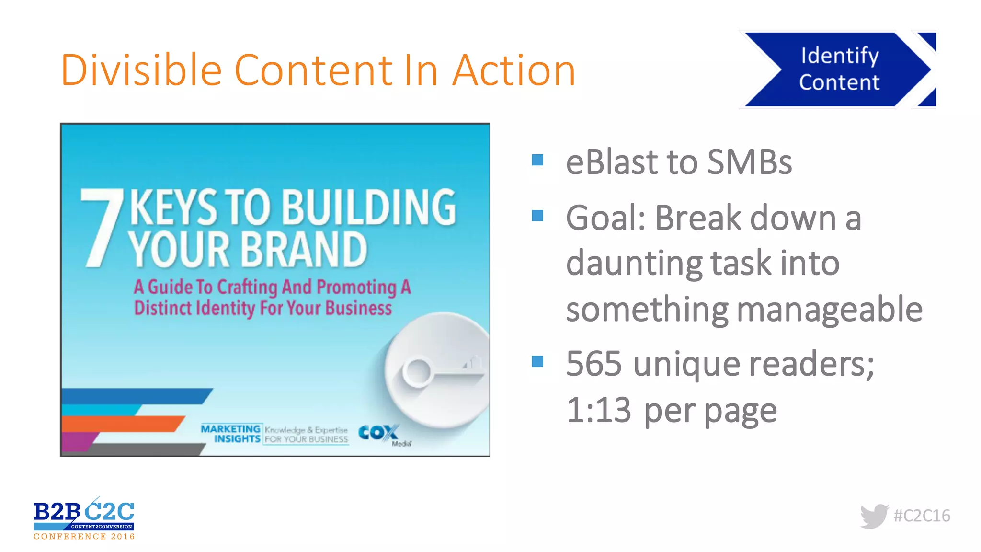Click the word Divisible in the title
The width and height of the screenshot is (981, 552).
141,70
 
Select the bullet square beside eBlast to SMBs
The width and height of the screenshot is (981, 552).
537,160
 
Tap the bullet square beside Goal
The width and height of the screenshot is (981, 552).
537,216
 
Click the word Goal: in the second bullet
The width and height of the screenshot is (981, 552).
605,218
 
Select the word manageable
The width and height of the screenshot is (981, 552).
829,310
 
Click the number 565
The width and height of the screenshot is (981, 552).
594,364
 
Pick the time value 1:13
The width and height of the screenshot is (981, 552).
599,410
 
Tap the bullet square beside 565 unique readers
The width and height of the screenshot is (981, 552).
537,361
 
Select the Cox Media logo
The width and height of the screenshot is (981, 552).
381,434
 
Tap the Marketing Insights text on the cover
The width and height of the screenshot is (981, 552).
231,434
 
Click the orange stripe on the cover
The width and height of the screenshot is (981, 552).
122,424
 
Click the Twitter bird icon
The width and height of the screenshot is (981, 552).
874,516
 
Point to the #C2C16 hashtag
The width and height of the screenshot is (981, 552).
922,516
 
